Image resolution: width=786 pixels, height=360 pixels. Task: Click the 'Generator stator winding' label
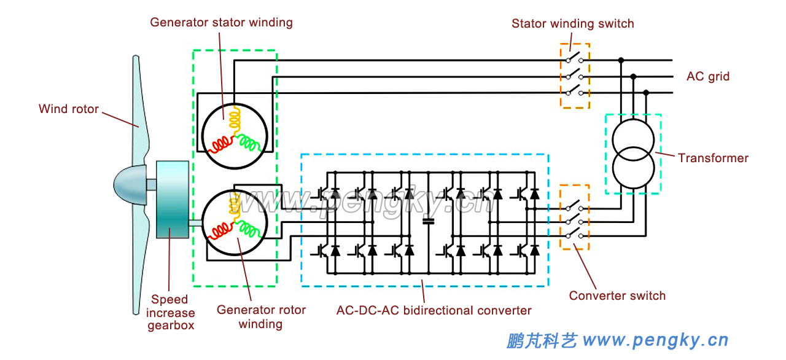tap(221, 23)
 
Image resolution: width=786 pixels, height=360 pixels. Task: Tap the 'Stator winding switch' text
tap(572, 24)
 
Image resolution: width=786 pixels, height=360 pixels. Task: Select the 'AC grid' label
tap(707, 77)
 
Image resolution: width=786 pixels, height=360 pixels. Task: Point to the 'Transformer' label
tap(713, 158)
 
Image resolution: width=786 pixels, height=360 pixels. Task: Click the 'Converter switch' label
tap(617, 295)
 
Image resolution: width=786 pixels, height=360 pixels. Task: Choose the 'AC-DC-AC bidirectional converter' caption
tap(434, 310)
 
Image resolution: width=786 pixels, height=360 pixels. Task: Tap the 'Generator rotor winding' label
tap(260, 316)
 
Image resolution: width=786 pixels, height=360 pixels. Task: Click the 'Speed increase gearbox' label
tap(170, 312)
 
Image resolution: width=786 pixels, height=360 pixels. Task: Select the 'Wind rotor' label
tap(69, 109)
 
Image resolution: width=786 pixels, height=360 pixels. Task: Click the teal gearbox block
tap(171, 199)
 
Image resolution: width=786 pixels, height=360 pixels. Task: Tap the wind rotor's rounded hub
tap(129, 184)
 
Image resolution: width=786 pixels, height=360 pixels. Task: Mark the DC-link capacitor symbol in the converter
tap(429, 221)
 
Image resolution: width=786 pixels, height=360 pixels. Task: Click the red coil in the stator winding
tap(220, 145)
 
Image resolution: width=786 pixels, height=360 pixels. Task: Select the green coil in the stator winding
tap(249, 143)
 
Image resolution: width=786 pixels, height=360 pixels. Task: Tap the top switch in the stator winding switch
tap(575, 60)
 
